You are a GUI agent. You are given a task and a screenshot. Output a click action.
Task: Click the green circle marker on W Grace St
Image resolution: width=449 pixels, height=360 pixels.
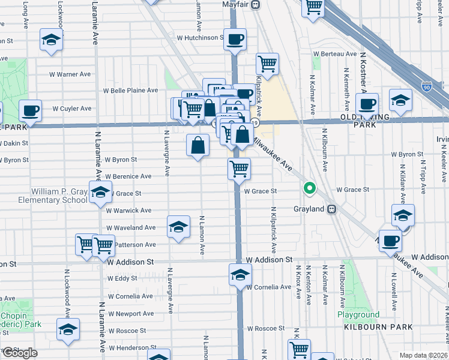pos(310,189)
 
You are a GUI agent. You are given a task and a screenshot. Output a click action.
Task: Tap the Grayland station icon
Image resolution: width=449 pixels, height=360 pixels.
pos(331,209)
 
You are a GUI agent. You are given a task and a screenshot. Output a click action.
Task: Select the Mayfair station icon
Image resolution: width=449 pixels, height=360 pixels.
pos(256,4)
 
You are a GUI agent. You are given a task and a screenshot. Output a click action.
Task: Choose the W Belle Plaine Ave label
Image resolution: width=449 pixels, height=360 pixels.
pos(130,91)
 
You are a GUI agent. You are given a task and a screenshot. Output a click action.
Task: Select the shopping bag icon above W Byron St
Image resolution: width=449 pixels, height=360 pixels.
pos(198,145)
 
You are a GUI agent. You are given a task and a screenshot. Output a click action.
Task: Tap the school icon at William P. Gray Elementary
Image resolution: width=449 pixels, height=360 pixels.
pos(101,192)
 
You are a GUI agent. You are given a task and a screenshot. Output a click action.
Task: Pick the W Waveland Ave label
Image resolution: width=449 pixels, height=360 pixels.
pos(131,228)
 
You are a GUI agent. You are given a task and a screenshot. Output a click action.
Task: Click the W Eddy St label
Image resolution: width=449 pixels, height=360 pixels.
pos(122,278)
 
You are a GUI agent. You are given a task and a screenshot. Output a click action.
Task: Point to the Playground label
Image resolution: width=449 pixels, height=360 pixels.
pos(358,314)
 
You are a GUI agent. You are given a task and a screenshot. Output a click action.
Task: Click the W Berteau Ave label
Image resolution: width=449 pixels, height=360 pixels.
pos(335,54)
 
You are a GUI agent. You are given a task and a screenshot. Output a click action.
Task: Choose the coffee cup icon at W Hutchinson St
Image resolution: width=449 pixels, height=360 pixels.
pos(235,40)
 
